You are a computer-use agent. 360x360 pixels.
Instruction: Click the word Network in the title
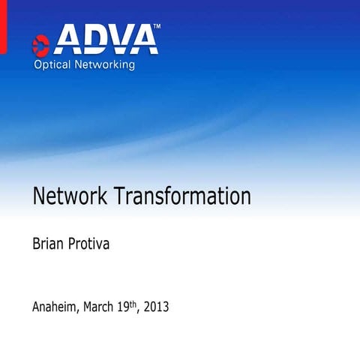(70, 196)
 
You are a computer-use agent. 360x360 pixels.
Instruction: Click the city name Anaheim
(57, 307)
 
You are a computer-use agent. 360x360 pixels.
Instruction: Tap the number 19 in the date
(127, 307)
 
